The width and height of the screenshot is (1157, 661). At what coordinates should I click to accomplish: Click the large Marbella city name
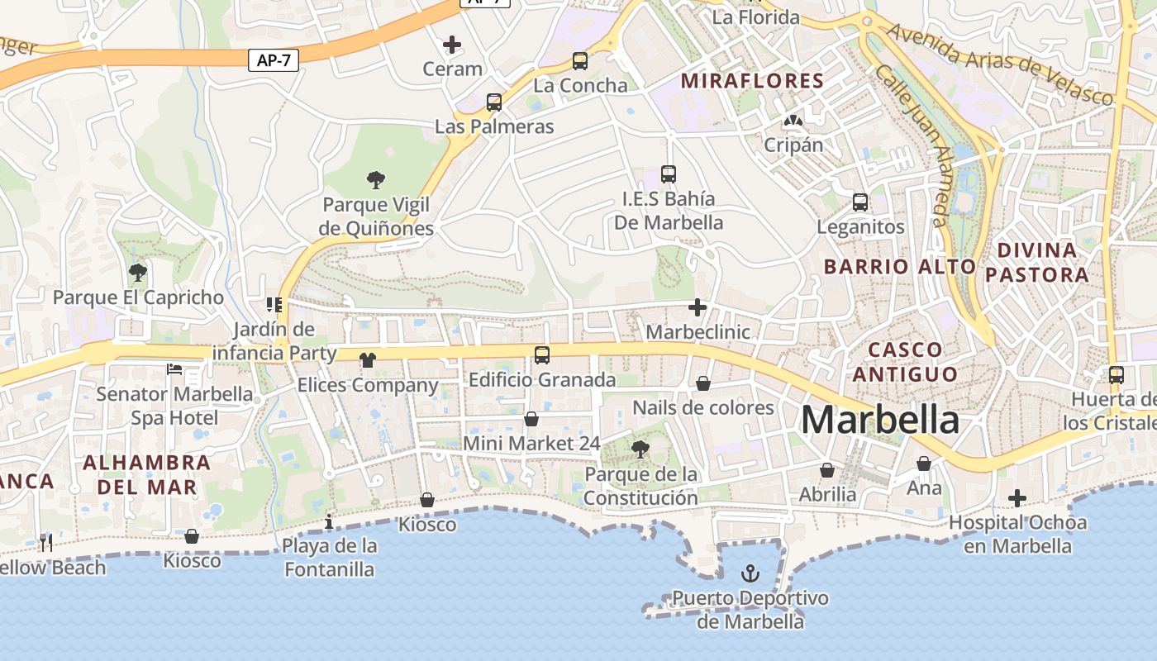click(880, 420)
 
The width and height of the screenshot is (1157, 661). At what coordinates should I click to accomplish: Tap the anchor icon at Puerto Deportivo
click(750, 572)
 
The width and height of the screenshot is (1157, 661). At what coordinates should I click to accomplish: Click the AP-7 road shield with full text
click(274, 59)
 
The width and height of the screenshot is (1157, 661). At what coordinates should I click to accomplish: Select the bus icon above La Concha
click(580, 60)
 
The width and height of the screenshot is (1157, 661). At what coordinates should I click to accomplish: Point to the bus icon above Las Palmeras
click(494, 102)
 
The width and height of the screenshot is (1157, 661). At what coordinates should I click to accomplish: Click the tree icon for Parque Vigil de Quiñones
click(376, 179)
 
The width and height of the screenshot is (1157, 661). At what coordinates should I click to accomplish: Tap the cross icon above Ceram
click(452, 44)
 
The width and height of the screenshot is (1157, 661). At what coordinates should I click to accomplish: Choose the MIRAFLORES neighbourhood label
click(752, 81)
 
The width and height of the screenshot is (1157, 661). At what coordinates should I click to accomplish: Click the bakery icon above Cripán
click(793, 121)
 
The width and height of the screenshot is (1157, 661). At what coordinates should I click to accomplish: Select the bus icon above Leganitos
click(860, 202)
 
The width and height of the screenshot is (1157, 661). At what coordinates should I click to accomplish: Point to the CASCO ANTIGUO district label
click(905, 362)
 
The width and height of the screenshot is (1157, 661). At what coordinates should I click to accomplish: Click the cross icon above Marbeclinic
click(698, 307)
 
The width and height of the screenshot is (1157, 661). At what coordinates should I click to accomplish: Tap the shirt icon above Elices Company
click(368, 359)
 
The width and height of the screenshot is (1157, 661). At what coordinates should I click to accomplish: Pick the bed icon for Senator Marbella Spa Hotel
click(174, 369)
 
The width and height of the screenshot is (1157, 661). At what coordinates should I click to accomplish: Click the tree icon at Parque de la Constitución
click(640, 449)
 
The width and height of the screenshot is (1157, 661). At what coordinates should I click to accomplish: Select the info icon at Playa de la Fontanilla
click(329, 521)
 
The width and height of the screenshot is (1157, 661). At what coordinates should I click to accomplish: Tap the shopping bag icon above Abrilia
click(827, 470)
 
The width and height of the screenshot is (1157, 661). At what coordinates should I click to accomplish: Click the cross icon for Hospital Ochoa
click(1017, 498)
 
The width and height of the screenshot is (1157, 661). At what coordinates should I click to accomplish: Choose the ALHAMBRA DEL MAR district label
click(147, 474)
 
